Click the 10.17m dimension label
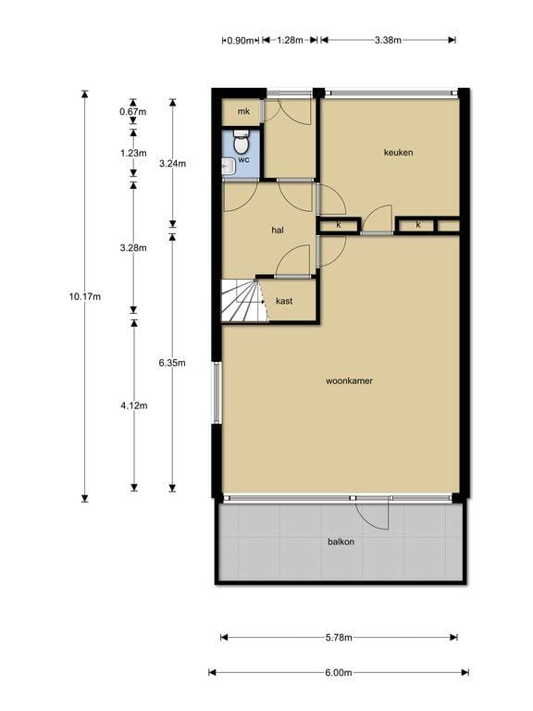click(x=84, y=296)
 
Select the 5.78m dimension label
click(x=339, y=637)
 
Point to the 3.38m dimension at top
click(x=388, y=40)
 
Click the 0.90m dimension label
click(x=239, y=40)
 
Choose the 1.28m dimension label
click(x=290, y=40)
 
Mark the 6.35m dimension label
click(x=172, y=363)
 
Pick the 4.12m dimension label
click(x=133, y=404)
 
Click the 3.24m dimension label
click(x=172, y=164)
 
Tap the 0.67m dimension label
click(x=133, y=112)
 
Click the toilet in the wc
click(x=241, y=143)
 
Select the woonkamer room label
click(x=349, y=380)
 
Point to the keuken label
click(x=398, y=153)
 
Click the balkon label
click(x=340, y=542)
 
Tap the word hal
click(x=277, y=230)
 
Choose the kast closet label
click(x=285, y=301)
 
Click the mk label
click(x=243, y=112)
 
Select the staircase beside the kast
click(x=242, y=301)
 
